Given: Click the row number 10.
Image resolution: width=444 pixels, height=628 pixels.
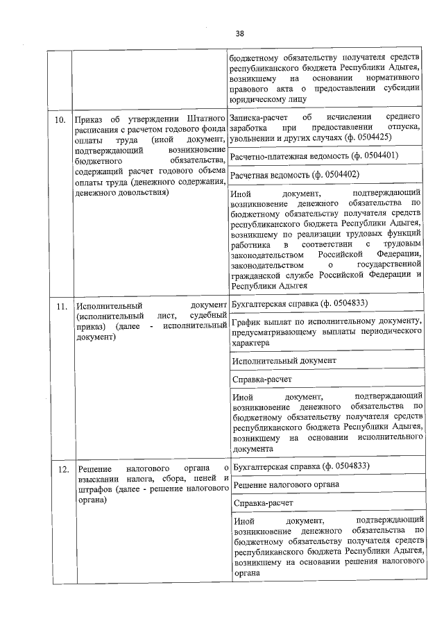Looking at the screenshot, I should click(61, 119).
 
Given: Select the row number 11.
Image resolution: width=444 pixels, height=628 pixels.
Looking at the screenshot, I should click(61, 306).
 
